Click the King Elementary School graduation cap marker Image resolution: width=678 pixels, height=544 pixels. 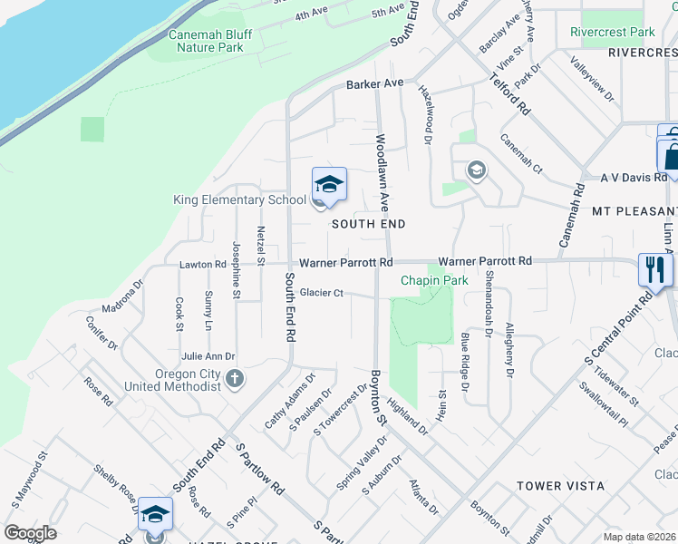click(329, 184)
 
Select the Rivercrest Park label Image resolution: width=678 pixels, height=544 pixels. click(613, 32)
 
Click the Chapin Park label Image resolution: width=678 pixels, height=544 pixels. click(435, 281)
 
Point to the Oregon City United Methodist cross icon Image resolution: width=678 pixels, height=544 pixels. click(235, 378)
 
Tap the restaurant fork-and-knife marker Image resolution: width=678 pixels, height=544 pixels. click(654, 268)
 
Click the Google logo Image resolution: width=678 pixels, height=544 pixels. click(30, 533)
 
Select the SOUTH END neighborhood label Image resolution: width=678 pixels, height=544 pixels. click(367, 223)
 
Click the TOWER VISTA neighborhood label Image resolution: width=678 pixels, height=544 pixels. click(560, 486)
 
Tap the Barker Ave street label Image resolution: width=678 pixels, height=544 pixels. click(374, 83)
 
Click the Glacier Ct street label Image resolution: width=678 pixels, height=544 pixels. click(322, 293)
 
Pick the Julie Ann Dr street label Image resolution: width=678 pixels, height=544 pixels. click(208, 357)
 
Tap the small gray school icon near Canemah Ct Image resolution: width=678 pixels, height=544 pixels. click(476, 170)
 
